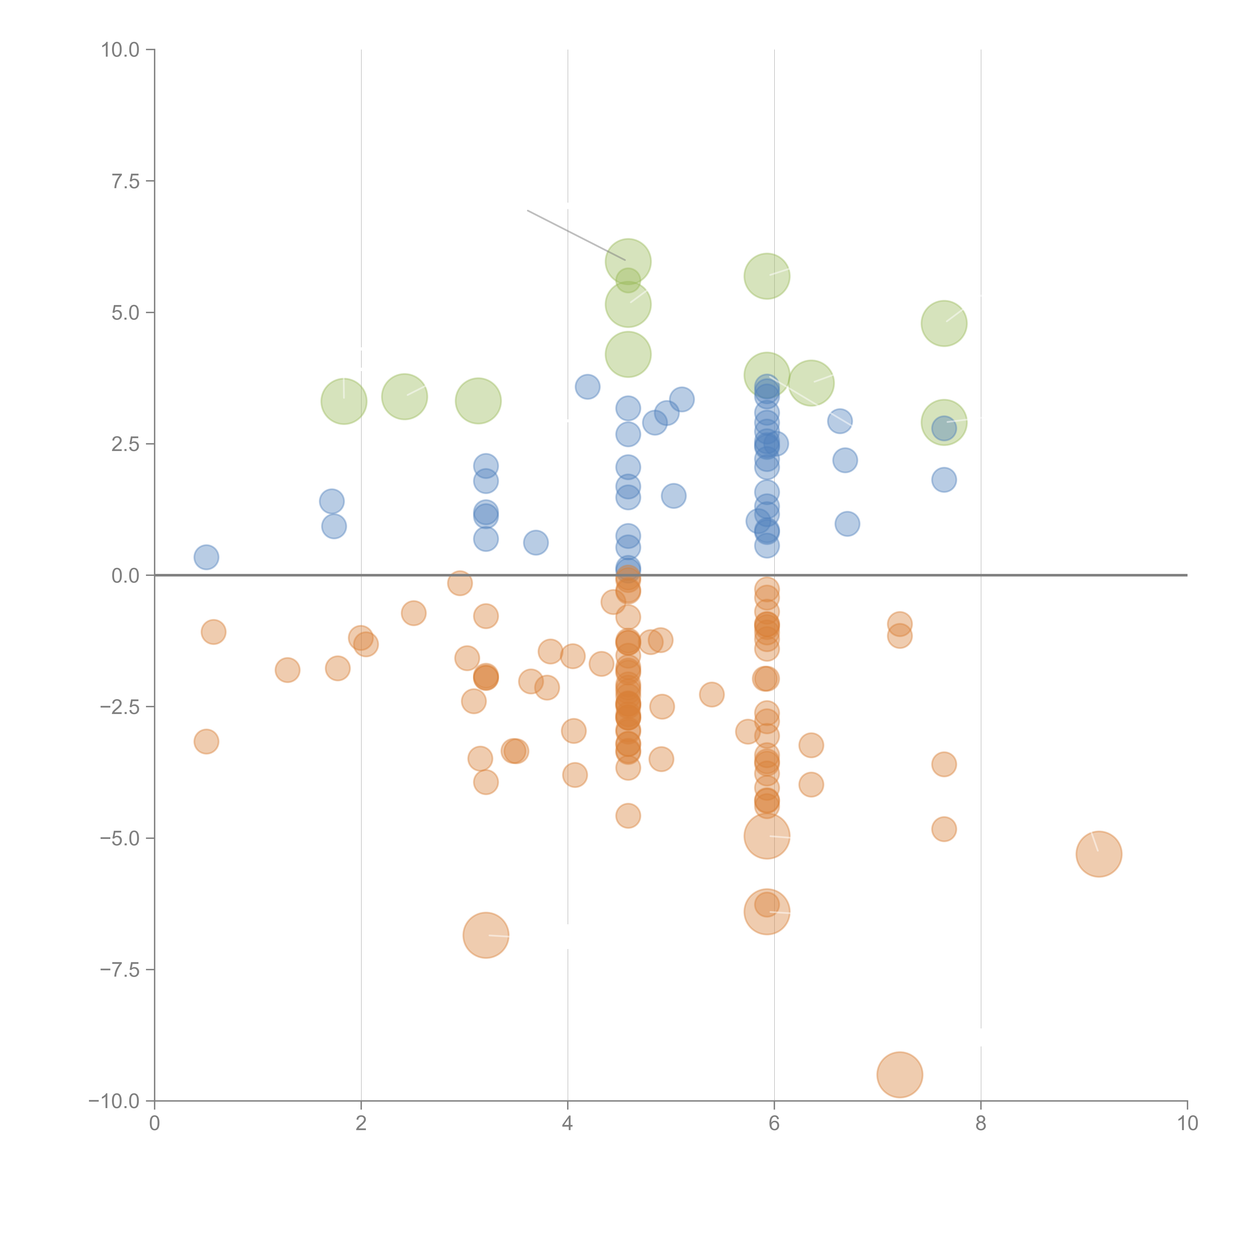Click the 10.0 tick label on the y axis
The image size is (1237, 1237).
point(120,50)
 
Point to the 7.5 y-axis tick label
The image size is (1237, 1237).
point(125,181)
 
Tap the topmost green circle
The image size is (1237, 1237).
point(628,261)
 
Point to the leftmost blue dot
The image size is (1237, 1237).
point(206,557)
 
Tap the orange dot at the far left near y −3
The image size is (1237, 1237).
point(206,741)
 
